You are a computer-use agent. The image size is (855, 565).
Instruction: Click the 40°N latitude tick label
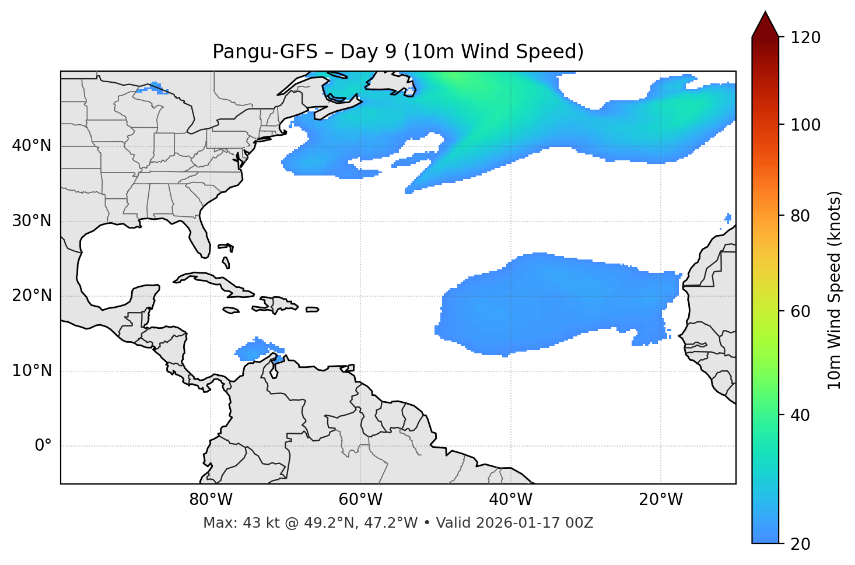point(31,146)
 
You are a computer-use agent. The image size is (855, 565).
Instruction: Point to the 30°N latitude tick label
point(31,221)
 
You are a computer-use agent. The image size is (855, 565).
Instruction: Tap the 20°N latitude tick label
point(31,296)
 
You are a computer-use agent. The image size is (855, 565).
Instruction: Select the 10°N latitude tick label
point(31,371)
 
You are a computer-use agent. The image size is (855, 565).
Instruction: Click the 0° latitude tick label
point(43,446)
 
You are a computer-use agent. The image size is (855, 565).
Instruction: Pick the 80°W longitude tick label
point(211,500)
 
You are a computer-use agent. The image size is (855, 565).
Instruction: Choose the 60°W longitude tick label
point(360,500)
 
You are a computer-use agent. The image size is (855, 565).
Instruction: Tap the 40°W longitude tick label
point(510,500)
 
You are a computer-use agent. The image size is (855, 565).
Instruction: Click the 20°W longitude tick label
point(661,500)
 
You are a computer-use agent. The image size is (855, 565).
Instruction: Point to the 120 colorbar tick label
point(805,38)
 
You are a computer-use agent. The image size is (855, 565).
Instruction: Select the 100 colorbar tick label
point(805,125)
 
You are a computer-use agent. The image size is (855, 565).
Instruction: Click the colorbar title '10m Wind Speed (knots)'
point(835,290)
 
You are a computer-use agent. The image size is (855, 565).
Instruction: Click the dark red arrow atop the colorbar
point(765,24)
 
